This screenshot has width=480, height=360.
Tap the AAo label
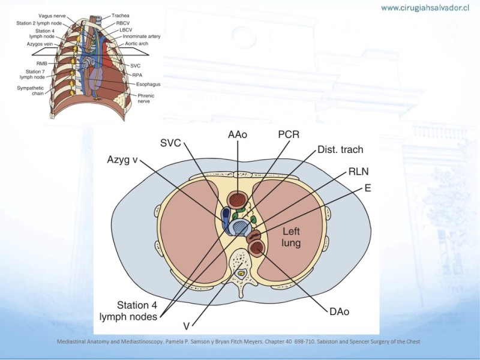pyautogui.click(x=238, y=136)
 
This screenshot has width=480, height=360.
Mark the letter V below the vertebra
pyautogui.click(x=187, y=326)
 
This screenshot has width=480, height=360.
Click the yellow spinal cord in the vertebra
pyautogui.click(x=241, y=274)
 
